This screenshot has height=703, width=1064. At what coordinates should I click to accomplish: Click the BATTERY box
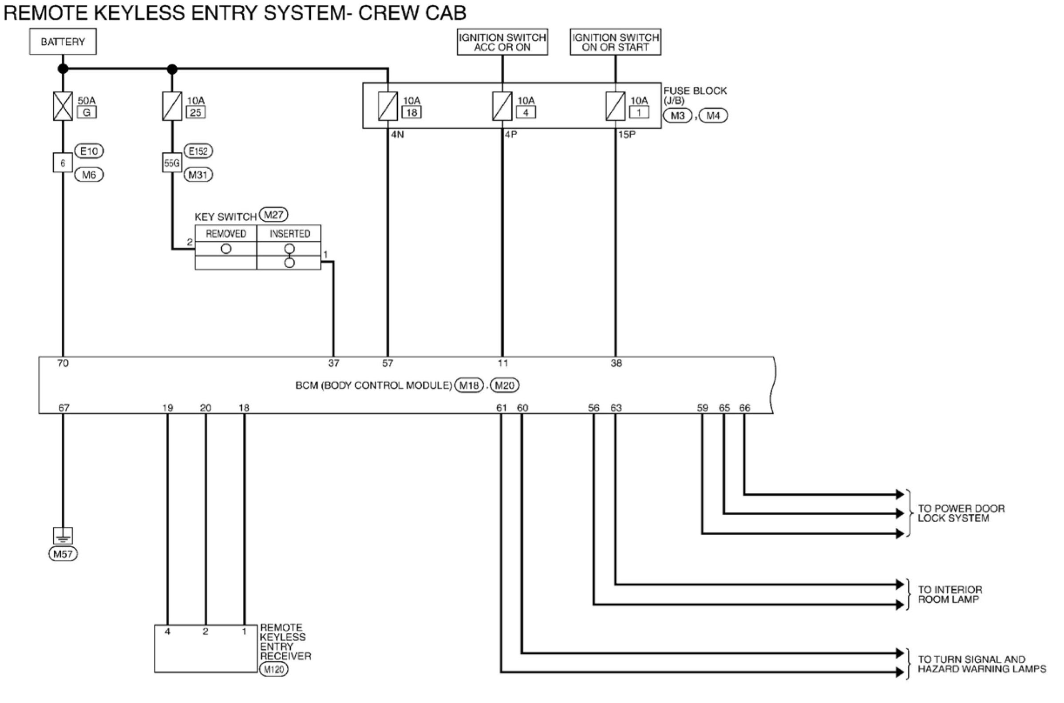[x=63, y=42]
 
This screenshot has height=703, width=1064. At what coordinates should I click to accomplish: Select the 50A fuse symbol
[x=63, y=106]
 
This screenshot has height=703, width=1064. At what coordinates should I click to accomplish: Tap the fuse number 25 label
[x=196, y=112]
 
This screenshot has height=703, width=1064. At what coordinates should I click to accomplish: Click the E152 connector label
[x=198, y=151]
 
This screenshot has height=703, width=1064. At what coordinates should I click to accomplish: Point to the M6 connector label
[x=89, y=175]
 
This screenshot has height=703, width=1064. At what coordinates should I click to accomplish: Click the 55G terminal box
[x=172, y=163]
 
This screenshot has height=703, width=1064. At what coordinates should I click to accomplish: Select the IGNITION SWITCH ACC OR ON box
[x=502, y=43]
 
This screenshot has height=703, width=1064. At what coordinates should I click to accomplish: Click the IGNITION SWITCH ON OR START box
[x=615, y=43]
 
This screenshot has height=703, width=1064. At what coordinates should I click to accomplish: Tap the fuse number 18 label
[x=412, y=112]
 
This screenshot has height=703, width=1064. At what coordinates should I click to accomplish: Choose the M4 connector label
[x=713, y=115]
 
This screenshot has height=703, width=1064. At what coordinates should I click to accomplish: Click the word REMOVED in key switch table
[x=226, y=234]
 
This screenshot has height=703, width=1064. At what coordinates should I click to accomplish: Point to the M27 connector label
[x=273, y=215]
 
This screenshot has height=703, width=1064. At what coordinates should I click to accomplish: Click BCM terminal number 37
[x=334, y=363]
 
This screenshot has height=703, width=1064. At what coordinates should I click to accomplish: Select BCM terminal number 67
[x=64, y=408]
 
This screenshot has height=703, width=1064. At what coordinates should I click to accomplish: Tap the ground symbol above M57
[x=63, y=536]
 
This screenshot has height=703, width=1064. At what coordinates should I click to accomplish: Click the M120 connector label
[x=274, y=670]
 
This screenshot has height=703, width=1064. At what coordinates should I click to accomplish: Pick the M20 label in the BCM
[x=505, y=385]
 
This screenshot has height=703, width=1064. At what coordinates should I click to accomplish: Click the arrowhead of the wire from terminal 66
[x=900, y=495]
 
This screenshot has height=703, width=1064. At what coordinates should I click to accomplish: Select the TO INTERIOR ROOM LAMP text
[x=950, y=595]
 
